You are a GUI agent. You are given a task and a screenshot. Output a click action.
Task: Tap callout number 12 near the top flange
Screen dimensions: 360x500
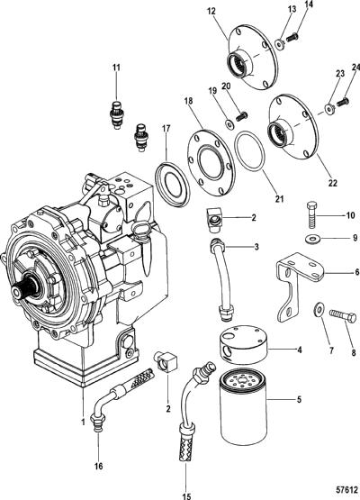click(x=211, y=12)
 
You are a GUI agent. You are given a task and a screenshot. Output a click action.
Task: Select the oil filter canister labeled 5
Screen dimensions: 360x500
click(x=243, y=405)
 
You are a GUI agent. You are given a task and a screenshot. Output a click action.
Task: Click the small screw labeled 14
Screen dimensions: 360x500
click(x=292, y=38)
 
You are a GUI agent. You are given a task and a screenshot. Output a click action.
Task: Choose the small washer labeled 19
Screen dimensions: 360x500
click(x=229, y=123)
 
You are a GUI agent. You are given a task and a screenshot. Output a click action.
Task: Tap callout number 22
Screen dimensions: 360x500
click(x=333, y=183)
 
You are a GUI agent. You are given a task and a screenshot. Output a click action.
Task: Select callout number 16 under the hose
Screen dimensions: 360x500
click(x=99, y=466)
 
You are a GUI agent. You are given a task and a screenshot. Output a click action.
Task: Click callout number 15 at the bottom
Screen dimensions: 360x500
click(x=186, y=496)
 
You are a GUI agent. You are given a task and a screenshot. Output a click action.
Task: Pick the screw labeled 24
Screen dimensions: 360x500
click(x=343, y=103)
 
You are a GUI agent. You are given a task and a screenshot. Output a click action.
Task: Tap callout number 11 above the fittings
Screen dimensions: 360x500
click(x=116, y=68)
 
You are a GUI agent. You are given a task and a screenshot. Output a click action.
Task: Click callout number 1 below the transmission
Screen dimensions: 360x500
click(x=83, y=422)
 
